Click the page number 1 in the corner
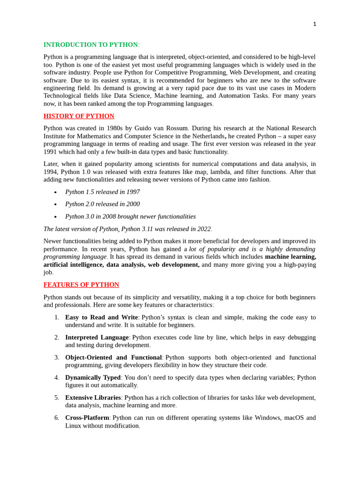click(x=315, y=24)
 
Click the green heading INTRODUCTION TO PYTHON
click(x=90, y=45)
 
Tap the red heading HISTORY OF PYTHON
click(x=79, y=116)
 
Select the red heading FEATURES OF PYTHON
click(x=81, y=285)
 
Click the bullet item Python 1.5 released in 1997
click(x=102, y=192)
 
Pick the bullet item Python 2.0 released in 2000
click(x=102, y=204)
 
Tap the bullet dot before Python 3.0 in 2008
click(x=55, y=217)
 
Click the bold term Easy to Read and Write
click(x=101, y=317)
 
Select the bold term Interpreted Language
click(x=97, y=337)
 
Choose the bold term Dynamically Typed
click(x=93, y=377)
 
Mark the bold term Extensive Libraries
click(x=93, y=397)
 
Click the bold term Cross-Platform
click(x=87, y=418)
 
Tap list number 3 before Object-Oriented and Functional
click(x=57, y=357)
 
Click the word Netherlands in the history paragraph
click(x=208, y=136)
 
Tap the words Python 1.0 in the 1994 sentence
click(x=77, y=172)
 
